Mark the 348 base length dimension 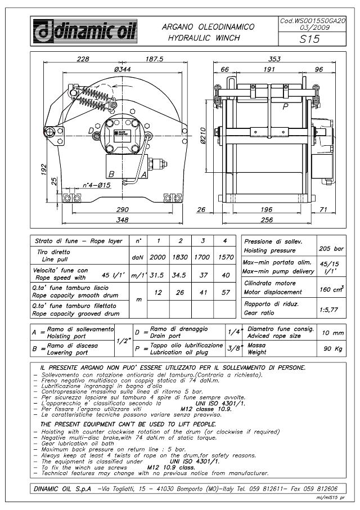[x=123, y=219]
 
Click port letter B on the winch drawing [x=112, y=174]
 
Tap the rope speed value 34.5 [x=181, y=274]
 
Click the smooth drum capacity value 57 [x=225, y=293]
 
